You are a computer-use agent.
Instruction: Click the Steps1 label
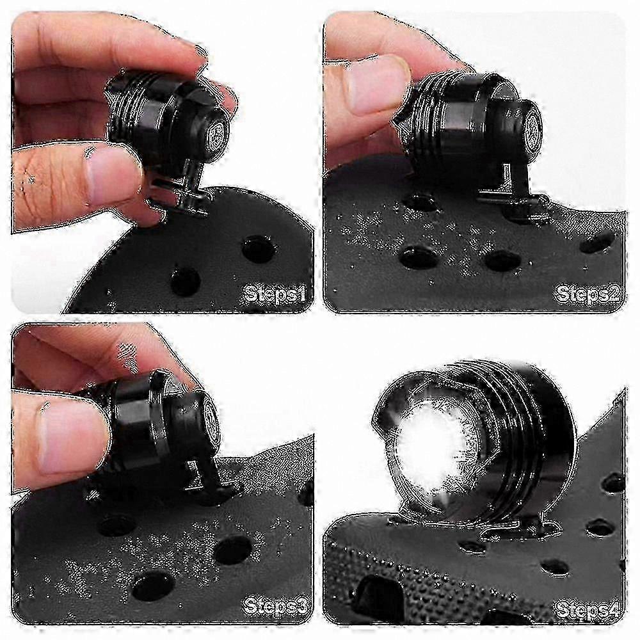[275, 294]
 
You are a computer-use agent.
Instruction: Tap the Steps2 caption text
[588, 294]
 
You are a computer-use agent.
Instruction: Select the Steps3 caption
[275, 607]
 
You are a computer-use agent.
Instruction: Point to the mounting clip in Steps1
[183, 192]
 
